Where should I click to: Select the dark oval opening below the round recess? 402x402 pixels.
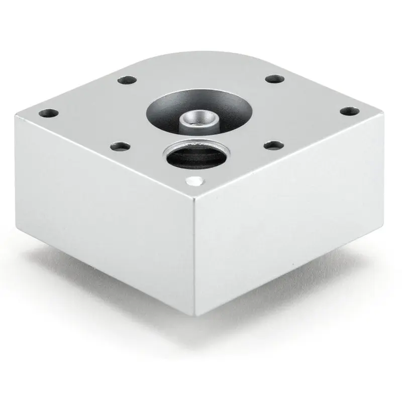pyautogui.click(x=196, y=155)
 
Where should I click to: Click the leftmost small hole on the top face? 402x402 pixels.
pyautogui.click(x=49, y=114)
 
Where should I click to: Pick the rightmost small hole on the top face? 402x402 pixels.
pyautogui.click(x=348, y=112)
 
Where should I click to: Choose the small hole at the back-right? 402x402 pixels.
pyautogui.click(x=273, y=79)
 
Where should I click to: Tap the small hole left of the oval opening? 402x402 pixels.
pyautogui.click(x=120, y=147)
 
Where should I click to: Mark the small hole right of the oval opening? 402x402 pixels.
pyautogui.click(x=273, y=146)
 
